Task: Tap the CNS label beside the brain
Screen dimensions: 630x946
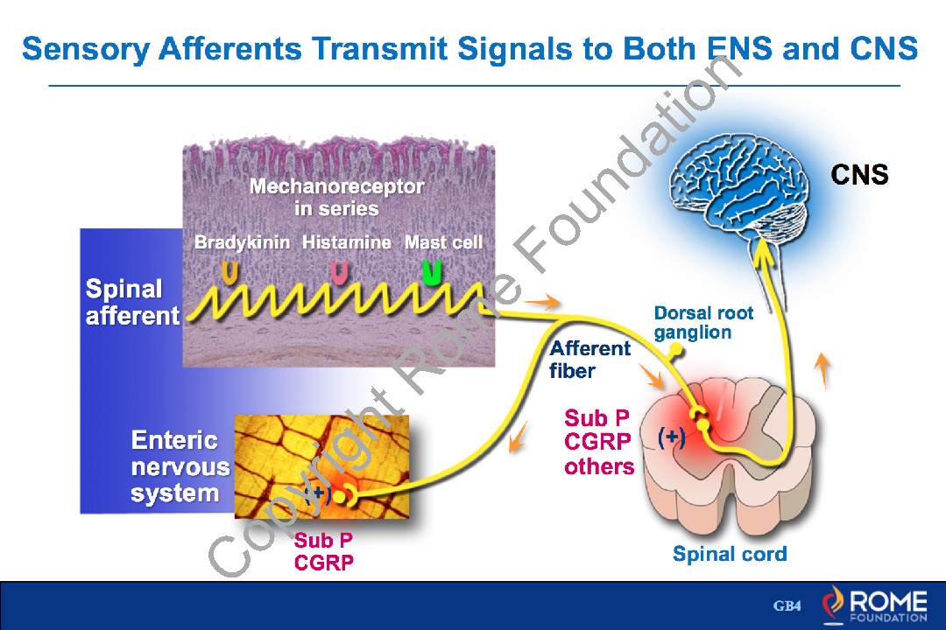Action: click(x=859, y=175)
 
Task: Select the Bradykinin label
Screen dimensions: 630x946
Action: click(x=242, y=242)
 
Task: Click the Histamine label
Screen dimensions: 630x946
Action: click(x=347, y=242)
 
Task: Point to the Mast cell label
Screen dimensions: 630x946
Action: click(x=443, y=242)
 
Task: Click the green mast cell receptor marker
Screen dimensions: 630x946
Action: click(x=432, y=272)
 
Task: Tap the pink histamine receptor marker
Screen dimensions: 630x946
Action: click(x=338, y=273)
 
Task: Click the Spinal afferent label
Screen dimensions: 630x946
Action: click(x=131, y=302)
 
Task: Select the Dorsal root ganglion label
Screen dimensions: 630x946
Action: click(x=703, y=322)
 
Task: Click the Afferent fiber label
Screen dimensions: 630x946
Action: click(x=589, y=360)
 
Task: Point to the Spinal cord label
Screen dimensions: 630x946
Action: click(x=730, y=554)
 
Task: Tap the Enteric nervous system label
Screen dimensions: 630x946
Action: click(x=180, y=466)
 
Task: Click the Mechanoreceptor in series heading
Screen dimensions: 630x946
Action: click(x=336, y=198)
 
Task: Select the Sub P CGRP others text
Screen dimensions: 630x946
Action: click(x=599, y=442)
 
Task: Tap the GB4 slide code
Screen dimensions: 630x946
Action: click(x=787, y=606)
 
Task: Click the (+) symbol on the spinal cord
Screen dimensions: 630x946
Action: click(x=671, y=438)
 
